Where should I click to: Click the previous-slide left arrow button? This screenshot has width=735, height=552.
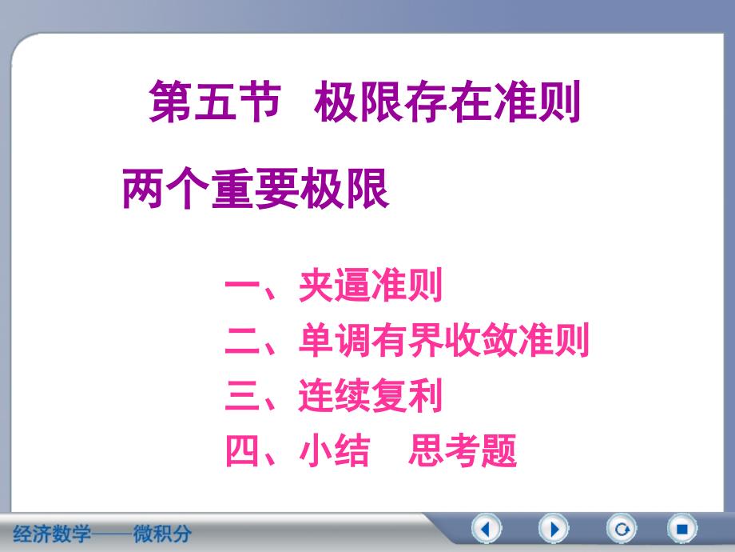pos(486,529)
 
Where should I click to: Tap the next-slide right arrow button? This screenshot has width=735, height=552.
pos(554,529)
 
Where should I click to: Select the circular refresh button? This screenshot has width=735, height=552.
pos(622,529)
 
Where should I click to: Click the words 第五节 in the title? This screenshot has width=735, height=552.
pos(215,101)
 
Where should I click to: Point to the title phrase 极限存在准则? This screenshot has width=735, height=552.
pos(447,101)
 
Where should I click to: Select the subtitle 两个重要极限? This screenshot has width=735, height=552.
pos(256,189)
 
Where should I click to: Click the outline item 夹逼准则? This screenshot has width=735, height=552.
pos(371,286)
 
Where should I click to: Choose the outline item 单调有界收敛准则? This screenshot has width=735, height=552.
pos(444,340)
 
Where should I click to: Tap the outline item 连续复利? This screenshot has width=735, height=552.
pos(371,395)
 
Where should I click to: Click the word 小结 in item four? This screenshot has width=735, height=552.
pos(335,450)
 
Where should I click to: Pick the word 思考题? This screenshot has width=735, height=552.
pos(463,450)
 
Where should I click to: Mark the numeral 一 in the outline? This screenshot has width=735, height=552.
pos(243,285)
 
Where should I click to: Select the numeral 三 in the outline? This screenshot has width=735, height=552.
pos(243,395)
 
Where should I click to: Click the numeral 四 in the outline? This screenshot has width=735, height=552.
pos(243,450)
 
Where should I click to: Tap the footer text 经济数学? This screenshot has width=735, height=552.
pos(52,534)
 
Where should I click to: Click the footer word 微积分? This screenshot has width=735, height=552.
pos(162,534)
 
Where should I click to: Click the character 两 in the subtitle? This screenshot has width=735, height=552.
pos(142,189)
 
